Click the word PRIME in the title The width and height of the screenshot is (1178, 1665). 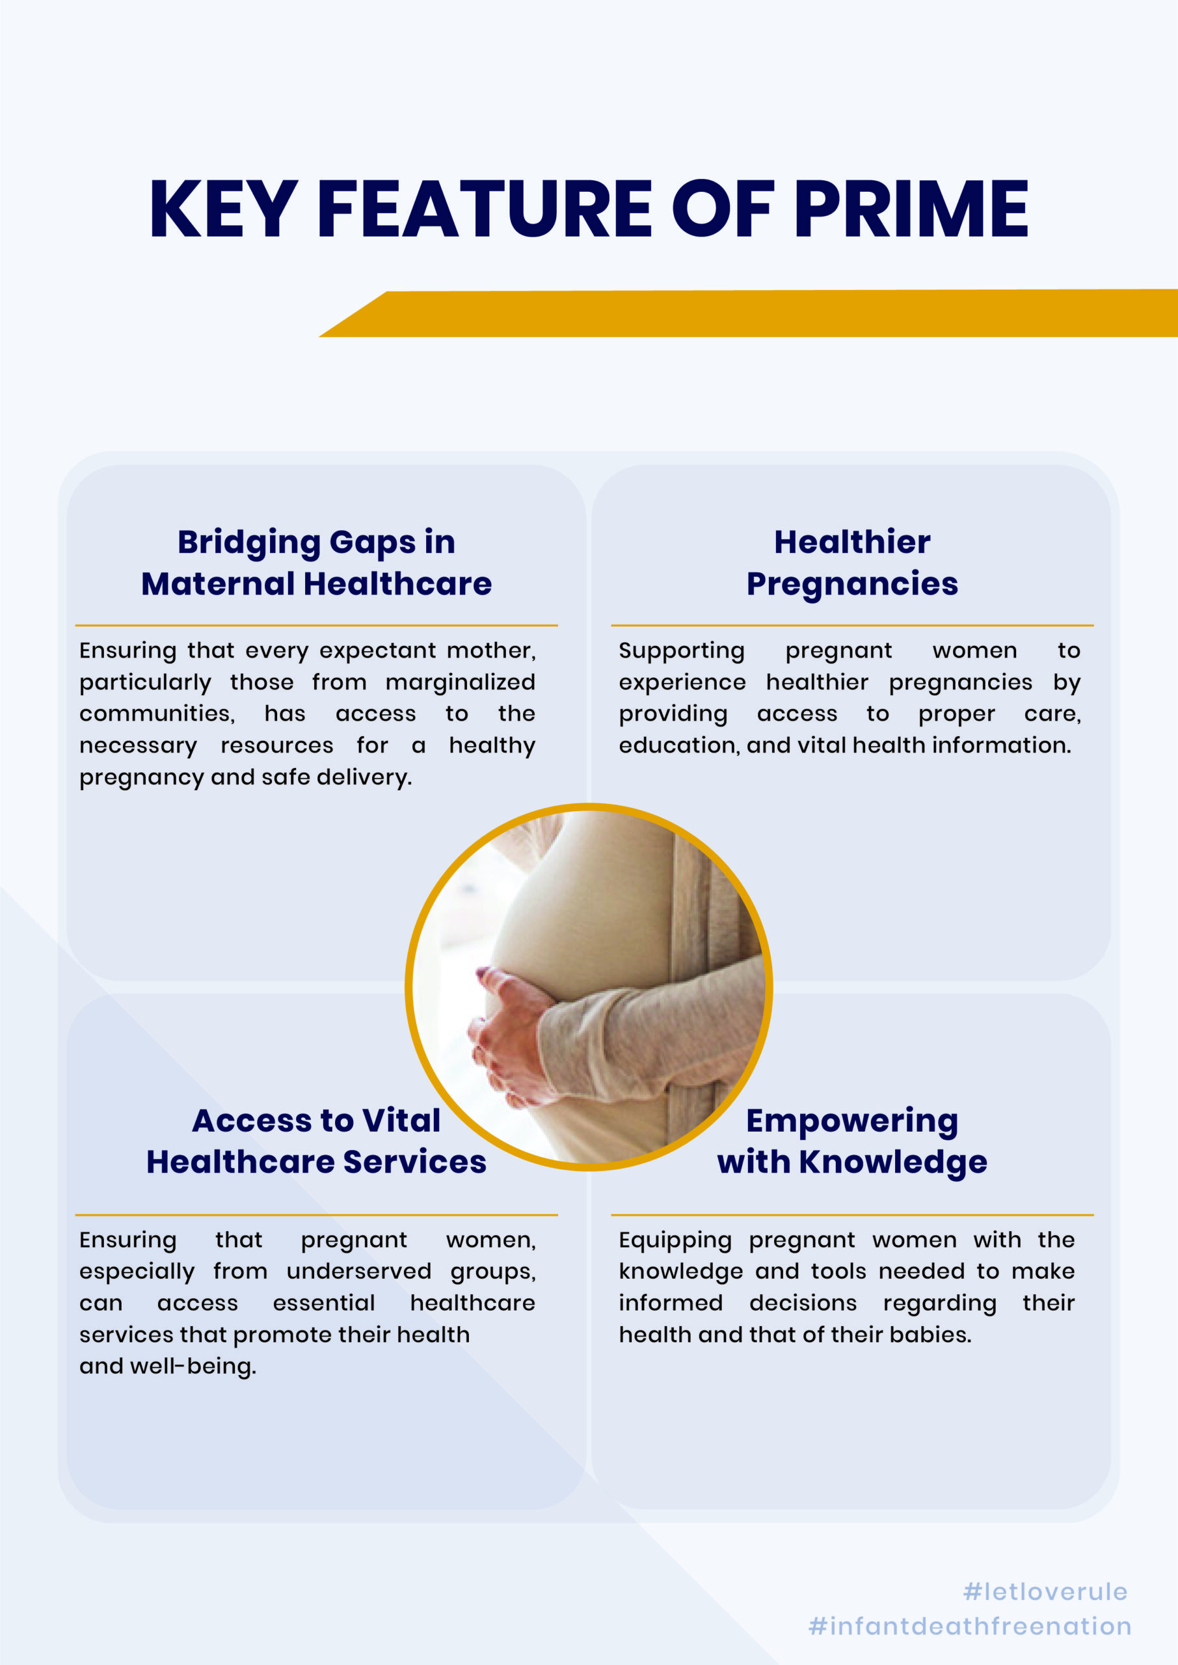(911, 209)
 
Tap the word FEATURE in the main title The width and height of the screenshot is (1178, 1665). (485, 209)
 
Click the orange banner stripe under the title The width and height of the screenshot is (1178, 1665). (747, 313)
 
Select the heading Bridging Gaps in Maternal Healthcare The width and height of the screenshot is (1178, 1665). (316, 563)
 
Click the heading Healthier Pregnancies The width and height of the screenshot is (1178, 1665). (852, 563)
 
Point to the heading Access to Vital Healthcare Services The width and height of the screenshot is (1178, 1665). (316, 1141)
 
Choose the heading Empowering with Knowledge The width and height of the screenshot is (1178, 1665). (852, 1142)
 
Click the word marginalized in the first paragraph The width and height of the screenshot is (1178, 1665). (461, 682)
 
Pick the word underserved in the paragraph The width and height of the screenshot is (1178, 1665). (359, 1272)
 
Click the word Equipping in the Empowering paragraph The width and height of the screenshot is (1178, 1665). (675, 1241)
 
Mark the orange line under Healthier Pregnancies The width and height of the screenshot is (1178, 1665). (852, 625)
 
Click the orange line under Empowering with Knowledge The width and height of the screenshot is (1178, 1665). (852, 1215)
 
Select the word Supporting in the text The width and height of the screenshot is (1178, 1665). (682, 651)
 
